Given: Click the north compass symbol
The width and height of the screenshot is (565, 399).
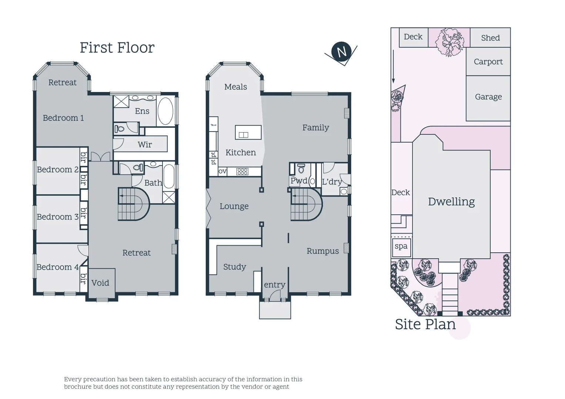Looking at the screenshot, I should click(x=341, y=52).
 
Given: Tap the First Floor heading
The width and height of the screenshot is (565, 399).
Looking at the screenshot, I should click(x=117, y=48).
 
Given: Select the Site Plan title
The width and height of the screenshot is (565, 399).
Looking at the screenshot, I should click(x=425, y=324).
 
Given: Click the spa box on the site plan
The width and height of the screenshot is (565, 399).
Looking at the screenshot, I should click(x=401, y=246).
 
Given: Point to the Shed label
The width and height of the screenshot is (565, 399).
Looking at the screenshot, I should click(x=490, y=38).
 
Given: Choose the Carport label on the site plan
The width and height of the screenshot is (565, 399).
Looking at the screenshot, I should click(x=488, y=62).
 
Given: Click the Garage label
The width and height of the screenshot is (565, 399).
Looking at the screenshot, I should click(x=488, y=97).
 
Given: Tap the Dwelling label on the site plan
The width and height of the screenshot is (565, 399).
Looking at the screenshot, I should click(x=451, y=202).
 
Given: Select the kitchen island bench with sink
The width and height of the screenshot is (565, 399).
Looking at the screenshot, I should click(x=248, y=132).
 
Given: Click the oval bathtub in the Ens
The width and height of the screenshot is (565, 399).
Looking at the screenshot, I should click(x=165, y=111).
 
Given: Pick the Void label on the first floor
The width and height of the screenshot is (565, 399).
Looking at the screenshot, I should click(x=100, y=283).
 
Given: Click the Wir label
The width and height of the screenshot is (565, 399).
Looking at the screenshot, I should click(x=145, y=144).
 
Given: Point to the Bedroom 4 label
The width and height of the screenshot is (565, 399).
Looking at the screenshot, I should click(x=57, y=267).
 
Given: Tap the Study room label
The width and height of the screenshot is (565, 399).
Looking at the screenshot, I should click(x=235, y=267).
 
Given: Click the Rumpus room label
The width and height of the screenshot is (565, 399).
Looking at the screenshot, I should click(x=323, y=251).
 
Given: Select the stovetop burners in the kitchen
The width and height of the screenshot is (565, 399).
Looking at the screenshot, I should click(x=242, y=171).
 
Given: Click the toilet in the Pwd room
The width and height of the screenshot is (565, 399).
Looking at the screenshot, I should click(x=301, y=169).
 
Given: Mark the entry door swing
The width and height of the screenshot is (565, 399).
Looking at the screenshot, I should click(x=275, y=295).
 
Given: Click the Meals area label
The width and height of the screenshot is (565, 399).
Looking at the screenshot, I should click(x=235, y=87).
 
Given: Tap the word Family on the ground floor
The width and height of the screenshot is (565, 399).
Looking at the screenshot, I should click(x=315, y=127).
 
